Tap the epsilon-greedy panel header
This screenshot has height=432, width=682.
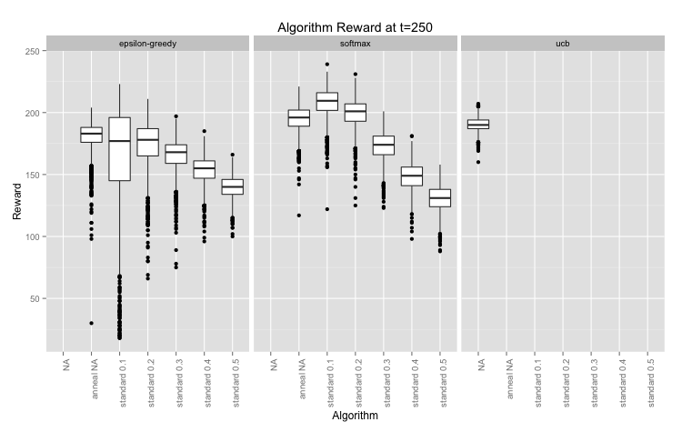146,43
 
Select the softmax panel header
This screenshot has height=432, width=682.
355,43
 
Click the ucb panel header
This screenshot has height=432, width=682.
563,43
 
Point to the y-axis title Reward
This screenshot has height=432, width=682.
16,200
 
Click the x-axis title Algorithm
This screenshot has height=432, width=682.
355,420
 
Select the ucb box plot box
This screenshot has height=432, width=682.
478,124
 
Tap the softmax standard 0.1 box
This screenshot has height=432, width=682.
326,101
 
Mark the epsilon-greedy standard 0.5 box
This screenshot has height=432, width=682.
232,186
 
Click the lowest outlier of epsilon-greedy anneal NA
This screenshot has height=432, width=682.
91,323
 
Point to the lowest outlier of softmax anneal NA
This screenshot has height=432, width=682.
299,216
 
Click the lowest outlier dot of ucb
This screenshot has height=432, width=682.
478,162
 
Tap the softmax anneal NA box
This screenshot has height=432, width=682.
299,118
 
